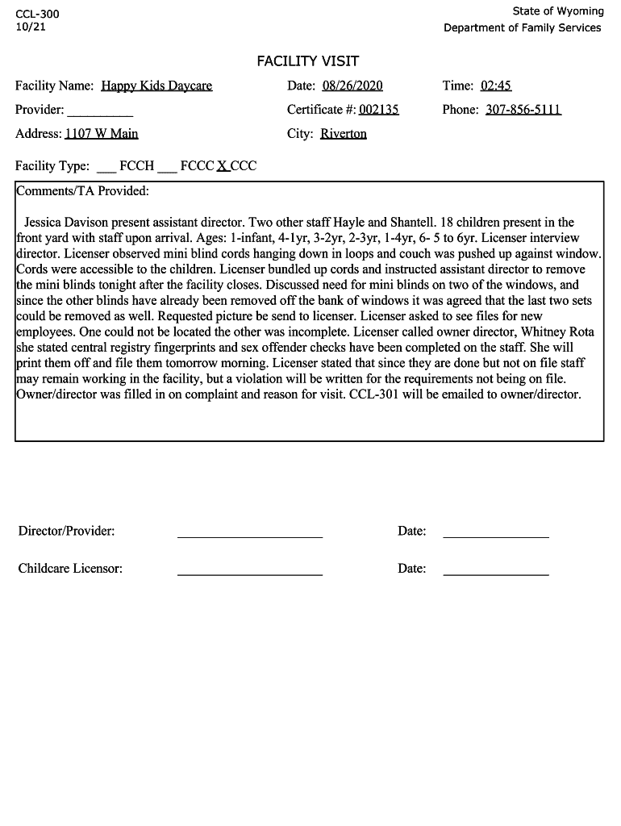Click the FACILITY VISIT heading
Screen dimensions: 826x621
coord(307,61)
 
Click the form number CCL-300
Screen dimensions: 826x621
coord(37,15)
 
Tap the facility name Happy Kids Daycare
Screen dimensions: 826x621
coord(156,86)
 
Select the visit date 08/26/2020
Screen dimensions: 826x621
coord(352,86)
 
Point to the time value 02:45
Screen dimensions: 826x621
coord(496,86)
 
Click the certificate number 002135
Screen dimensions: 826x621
coord(379,110)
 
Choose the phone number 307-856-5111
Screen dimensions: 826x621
coord(523,110)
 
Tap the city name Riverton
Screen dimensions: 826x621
coord(344,134)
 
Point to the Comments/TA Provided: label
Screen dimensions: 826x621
coord(83,191)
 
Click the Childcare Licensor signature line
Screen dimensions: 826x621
coord(249,573)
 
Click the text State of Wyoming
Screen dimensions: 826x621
coord(557,11)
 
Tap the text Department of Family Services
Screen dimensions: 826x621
coord(522,27)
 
